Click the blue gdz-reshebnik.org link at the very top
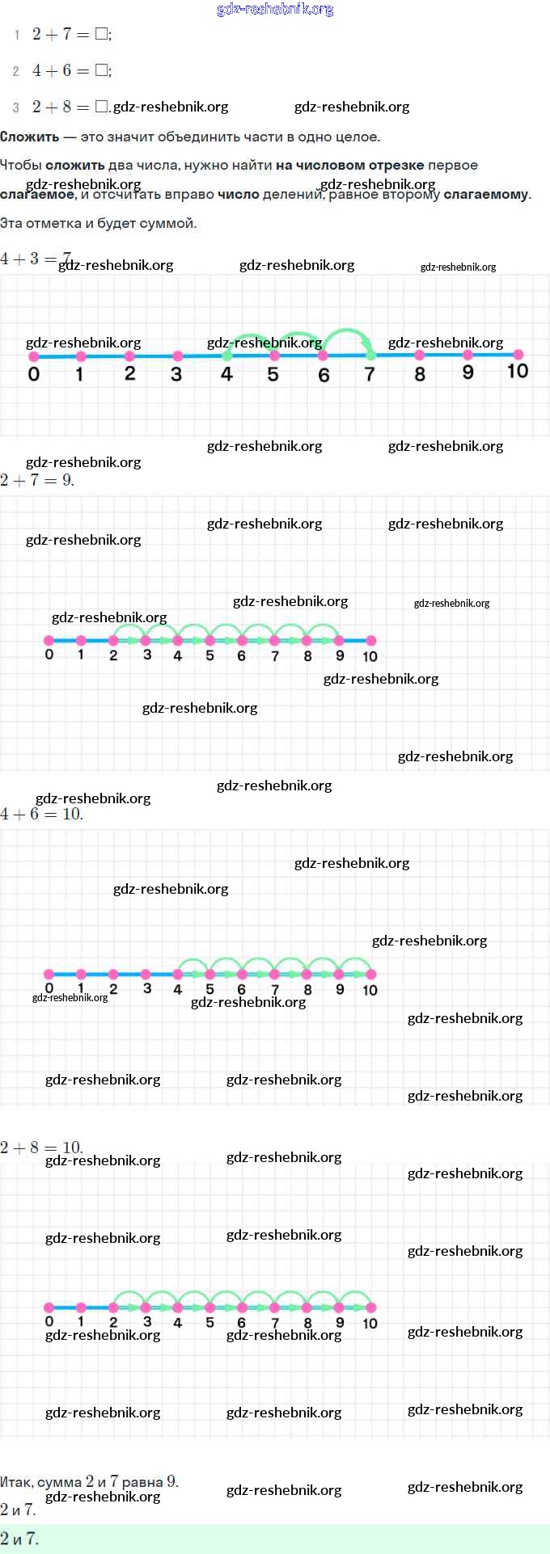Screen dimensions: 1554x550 (x=275, y=10)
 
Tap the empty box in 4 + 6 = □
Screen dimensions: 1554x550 (x=101, y=70)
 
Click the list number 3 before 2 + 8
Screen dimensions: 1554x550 (x=16, y=107)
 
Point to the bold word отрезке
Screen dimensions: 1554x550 (x=396, y=165)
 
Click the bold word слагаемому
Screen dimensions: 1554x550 (x=485, y=195)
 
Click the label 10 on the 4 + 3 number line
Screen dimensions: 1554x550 (x=518, y=371)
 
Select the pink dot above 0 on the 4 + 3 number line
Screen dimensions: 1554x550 (x=33, y=356)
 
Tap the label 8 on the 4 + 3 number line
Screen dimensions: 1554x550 (x=420, y=374)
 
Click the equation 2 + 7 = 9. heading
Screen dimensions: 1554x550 (x=37, y=480)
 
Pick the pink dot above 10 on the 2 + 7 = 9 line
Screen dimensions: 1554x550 (x=370, y=641)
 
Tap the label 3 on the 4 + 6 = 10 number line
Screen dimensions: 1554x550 (x=146, y=988)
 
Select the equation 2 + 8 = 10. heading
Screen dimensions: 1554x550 (x=41, y=1148)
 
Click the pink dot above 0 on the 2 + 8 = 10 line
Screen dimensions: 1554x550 (x=49, y=1308)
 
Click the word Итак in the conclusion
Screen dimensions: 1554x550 (x=16, y=1482)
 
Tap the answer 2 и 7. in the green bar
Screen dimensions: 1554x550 (x=19, y=1539)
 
